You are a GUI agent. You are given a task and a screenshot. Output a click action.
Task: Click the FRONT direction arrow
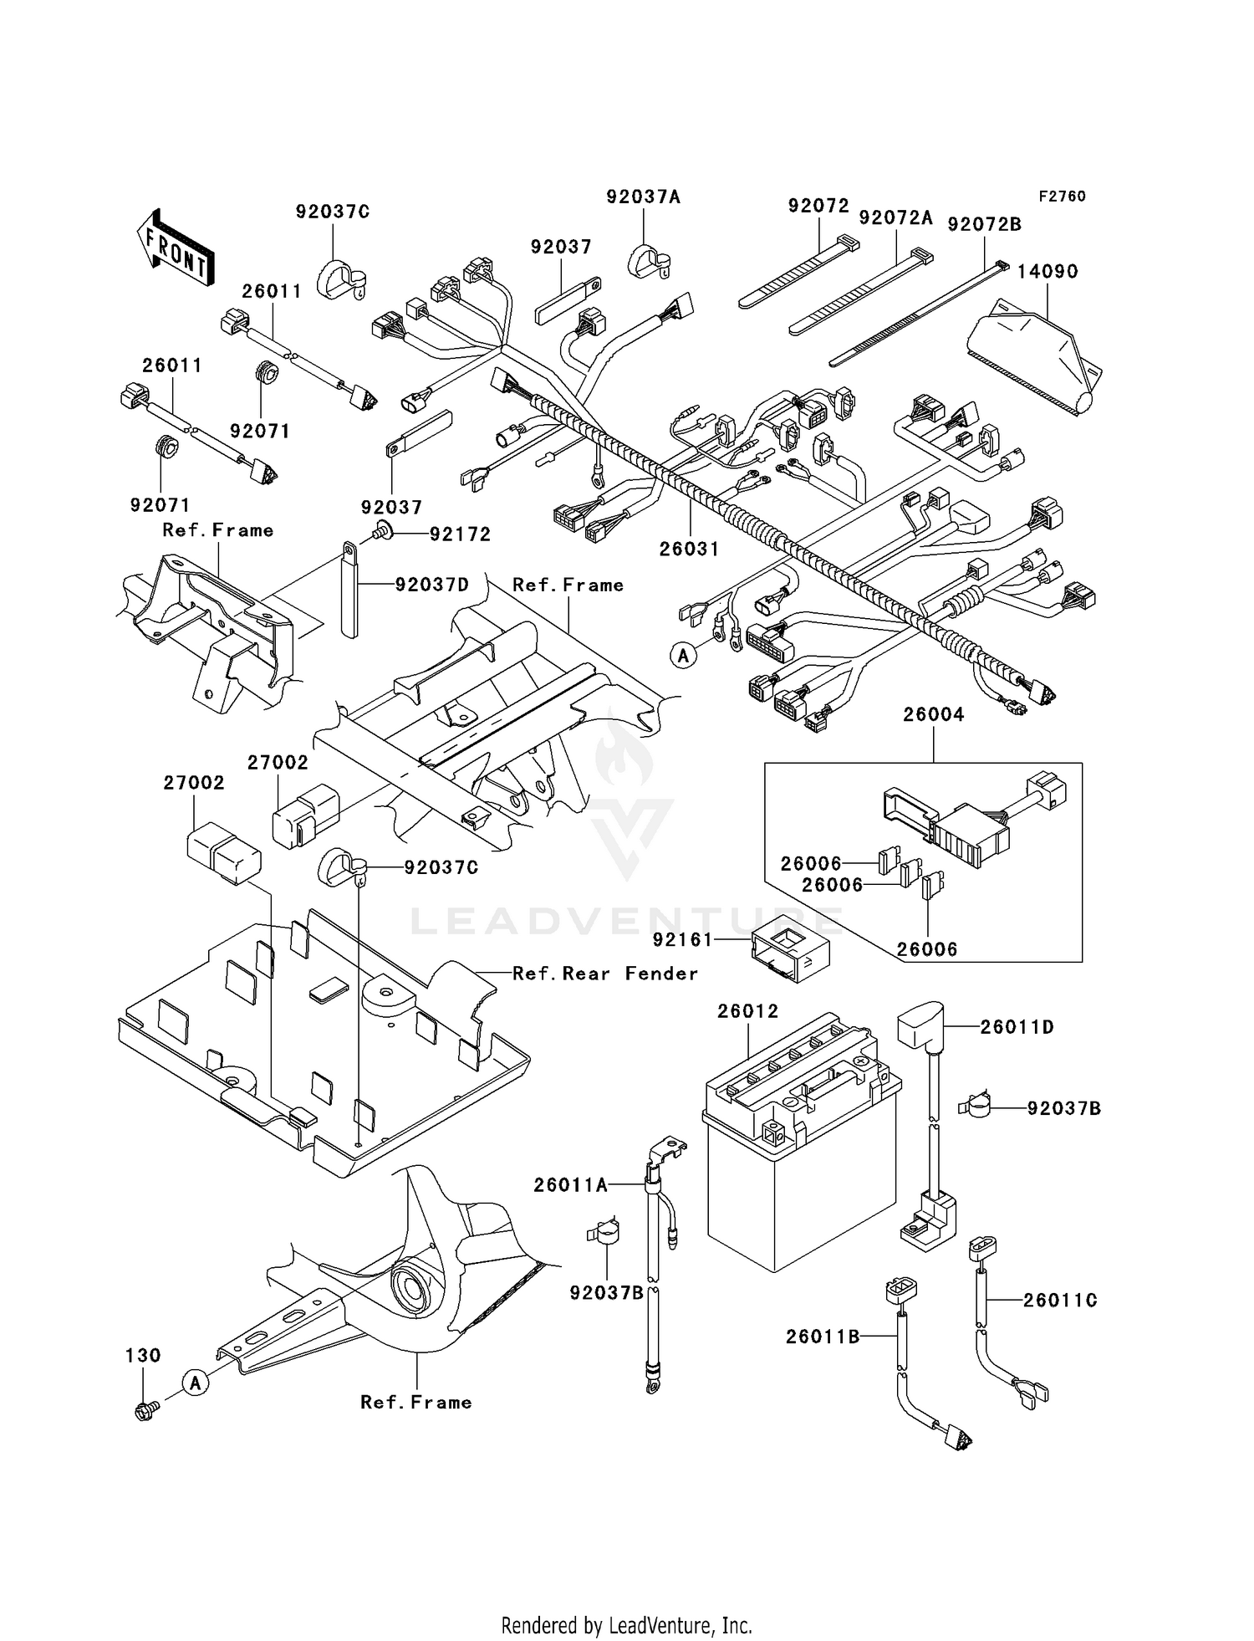(175, 248)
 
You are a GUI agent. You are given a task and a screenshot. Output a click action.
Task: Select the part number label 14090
(1048, 272)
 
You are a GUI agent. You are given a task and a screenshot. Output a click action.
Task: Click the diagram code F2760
(1062, 197)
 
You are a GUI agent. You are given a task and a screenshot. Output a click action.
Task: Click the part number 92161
(682, 939)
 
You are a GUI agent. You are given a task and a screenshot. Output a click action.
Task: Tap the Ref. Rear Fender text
(604, 974)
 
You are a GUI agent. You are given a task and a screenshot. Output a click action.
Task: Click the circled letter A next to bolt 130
(196, 1383)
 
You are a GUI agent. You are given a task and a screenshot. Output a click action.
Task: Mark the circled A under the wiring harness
(683, 656)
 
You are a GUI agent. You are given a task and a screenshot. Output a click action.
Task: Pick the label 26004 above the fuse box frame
(933, 714)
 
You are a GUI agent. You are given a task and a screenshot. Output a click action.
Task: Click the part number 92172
(460, 534)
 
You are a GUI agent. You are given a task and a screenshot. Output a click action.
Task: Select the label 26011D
(1017, 1026)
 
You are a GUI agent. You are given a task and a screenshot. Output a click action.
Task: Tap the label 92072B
(984, 224)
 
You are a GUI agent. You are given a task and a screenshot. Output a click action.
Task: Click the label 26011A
(571, 1184)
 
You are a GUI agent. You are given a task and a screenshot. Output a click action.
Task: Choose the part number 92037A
(643, 197)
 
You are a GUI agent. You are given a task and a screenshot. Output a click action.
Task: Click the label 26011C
(1059, 1300)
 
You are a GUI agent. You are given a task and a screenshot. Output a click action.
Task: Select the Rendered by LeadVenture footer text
(626, 1625)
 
